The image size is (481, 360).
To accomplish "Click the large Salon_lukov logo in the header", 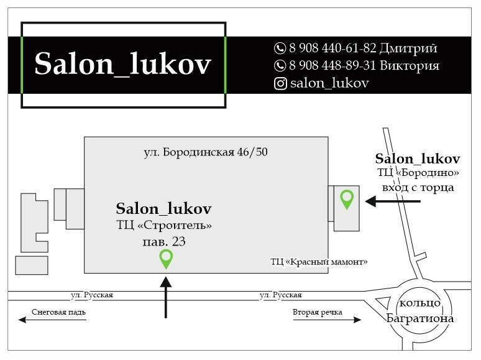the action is click(x=123, y=64).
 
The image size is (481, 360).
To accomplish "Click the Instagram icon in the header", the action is click(x=281, y=83).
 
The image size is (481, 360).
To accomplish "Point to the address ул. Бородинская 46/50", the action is click(x=206, y=152).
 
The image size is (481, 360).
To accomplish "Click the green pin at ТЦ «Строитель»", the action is click(x=166, y=258).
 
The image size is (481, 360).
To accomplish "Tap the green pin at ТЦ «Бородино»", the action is click(x=347, y=199).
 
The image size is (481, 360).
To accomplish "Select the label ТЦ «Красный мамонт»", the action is click(x=319, y=262).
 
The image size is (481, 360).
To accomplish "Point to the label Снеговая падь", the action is click(x=58, y=312).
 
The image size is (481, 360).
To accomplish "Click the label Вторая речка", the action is click(x=317, y=312).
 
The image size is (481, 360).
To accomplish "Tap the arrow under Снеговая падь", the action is click(x=52, y=320).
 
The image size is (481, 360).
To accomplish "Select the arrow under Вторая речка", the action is click(x=327, y=320).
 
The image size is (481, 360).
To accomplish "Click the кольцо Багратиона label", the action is click(x=419, y=311).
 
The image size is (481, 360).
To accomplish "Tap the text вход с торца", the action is click(x=418, y=187).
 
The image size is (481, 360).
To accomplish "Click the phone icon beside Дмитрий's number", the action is click(x=280, y=48).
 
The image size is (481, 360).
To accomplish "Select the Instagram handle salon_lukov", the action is click(x=329, y=83).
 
